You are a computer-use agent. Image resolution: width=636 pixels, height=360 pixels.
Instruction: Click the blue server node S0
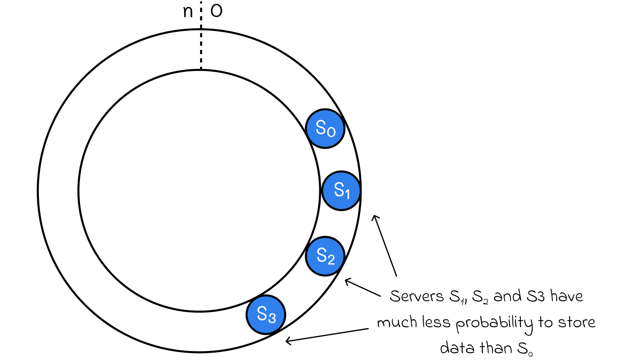point(325,129)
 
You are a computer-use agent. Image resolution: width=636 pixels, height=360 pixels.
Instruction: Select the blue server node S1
point(341,191)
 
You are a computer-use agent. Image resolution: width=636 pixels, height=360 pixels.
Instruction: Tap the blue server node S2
point(325,256)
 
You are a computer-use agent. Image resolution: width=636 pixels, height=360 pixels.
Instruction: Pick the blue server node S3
point(266,315)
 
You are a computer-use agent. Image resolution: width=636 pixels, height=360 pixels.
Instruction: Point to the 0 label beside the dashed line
point(216,12)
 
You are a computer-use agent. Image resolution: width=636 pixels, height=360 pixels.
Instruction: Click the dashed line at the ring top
point(201,35)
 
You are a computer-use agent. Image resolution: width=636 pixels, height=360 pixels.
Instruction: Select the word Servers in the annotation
point(417,296)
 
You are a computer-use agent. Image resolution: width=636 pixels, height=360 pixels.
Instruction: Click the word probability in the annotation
point(495,324)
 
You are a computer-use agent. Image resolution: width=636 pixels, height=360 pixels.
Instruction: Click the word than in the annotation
point(495,348)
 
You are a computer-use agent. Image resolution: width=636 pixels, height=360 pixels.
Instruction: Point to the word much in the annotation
point(397,322)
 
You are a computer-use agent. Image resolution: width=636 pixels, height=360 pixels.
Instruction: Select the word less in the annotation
point(436,322)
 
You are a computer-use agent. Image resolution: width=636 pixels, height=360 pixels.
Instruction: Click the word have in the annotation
point(567,296)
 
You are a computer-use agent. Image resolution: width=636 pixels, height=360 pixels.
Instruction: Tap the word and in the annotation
point(507,296)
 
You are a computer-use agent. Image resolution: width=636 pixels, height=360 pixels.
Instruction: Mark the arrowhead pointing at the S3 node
point(288,340)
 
